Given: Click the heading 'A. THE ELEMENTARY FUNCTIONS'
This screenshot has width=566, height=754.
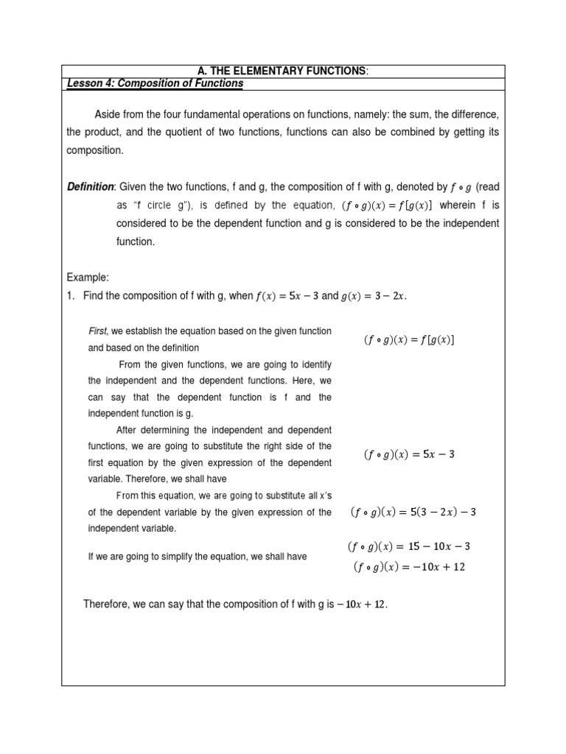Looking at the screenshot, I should click(x=282, y=71).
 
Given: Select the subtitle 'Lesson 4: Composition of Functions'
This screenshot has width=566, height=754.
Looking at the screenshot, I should click(x=155, y=84).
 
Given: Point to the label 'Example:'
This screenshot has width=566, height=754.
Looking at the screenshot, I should click(x=88, y=278).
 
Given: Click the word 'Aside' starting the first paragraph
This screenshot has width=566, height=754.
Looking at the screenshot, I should click(x=108, y=115).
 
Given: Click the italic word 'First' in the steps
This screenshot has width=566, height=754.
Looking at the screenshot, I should click(x=97, y=331).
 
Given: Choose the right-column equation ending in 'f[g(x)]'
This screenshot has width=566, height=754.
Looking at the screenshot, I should click(x=409, y=339).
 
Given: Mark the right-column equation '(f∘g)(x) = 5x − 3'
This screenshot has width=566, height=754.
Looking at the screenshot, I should click(x=409, y=454).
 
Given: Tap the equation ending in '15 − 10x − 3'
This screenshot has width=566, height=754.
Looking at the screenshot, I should click(x=408, y=547).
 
